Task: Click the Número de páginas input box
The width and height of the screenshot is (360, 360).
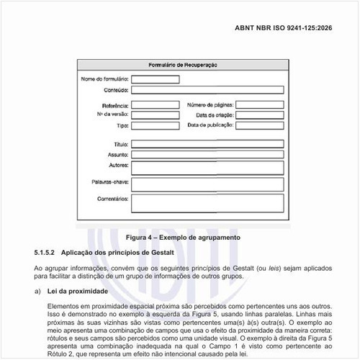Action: (x=258, y=105)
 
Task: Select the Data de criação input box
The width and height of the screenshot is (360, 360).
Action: (x=258, y=114)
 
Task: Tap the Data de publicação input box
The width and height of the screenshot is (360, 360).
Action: (x=258, y=125)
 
